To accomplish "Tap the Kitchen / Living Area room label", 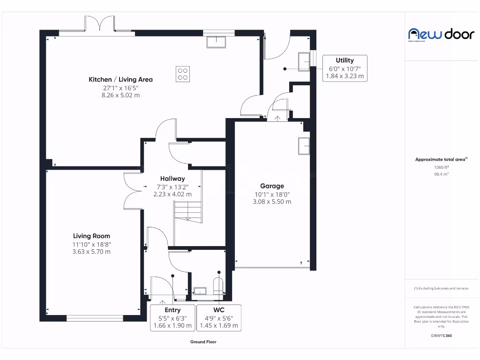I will coord(120,79).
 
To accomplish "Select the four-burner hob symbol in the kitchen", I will coord(183,74).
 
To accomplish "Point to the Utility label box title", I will coord(345,60).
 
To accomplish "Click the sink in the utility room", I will coord(304,61).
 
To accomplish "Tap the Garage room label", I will coord(272,186).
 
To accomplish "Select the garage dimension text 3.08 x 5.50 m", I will coord(272,202).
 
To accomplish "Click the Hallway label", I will coord(172,179).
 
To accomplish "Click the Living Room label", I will coord(91,236).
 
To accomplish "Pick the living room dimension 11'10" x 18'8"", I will coord(91,244).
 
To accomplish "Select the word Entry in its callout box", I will coord(172,310).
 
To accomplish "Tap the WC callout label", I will coord(218,310).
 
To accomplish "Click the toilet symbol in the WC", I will coord(218,286).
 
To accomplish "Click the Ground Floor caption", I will coord(203,342).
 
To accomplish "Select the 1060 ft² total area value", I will coord(441,167).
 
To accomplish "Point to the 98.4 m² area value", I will coord(441,174).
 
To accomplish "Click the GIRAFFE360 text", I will coord(441,336).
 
